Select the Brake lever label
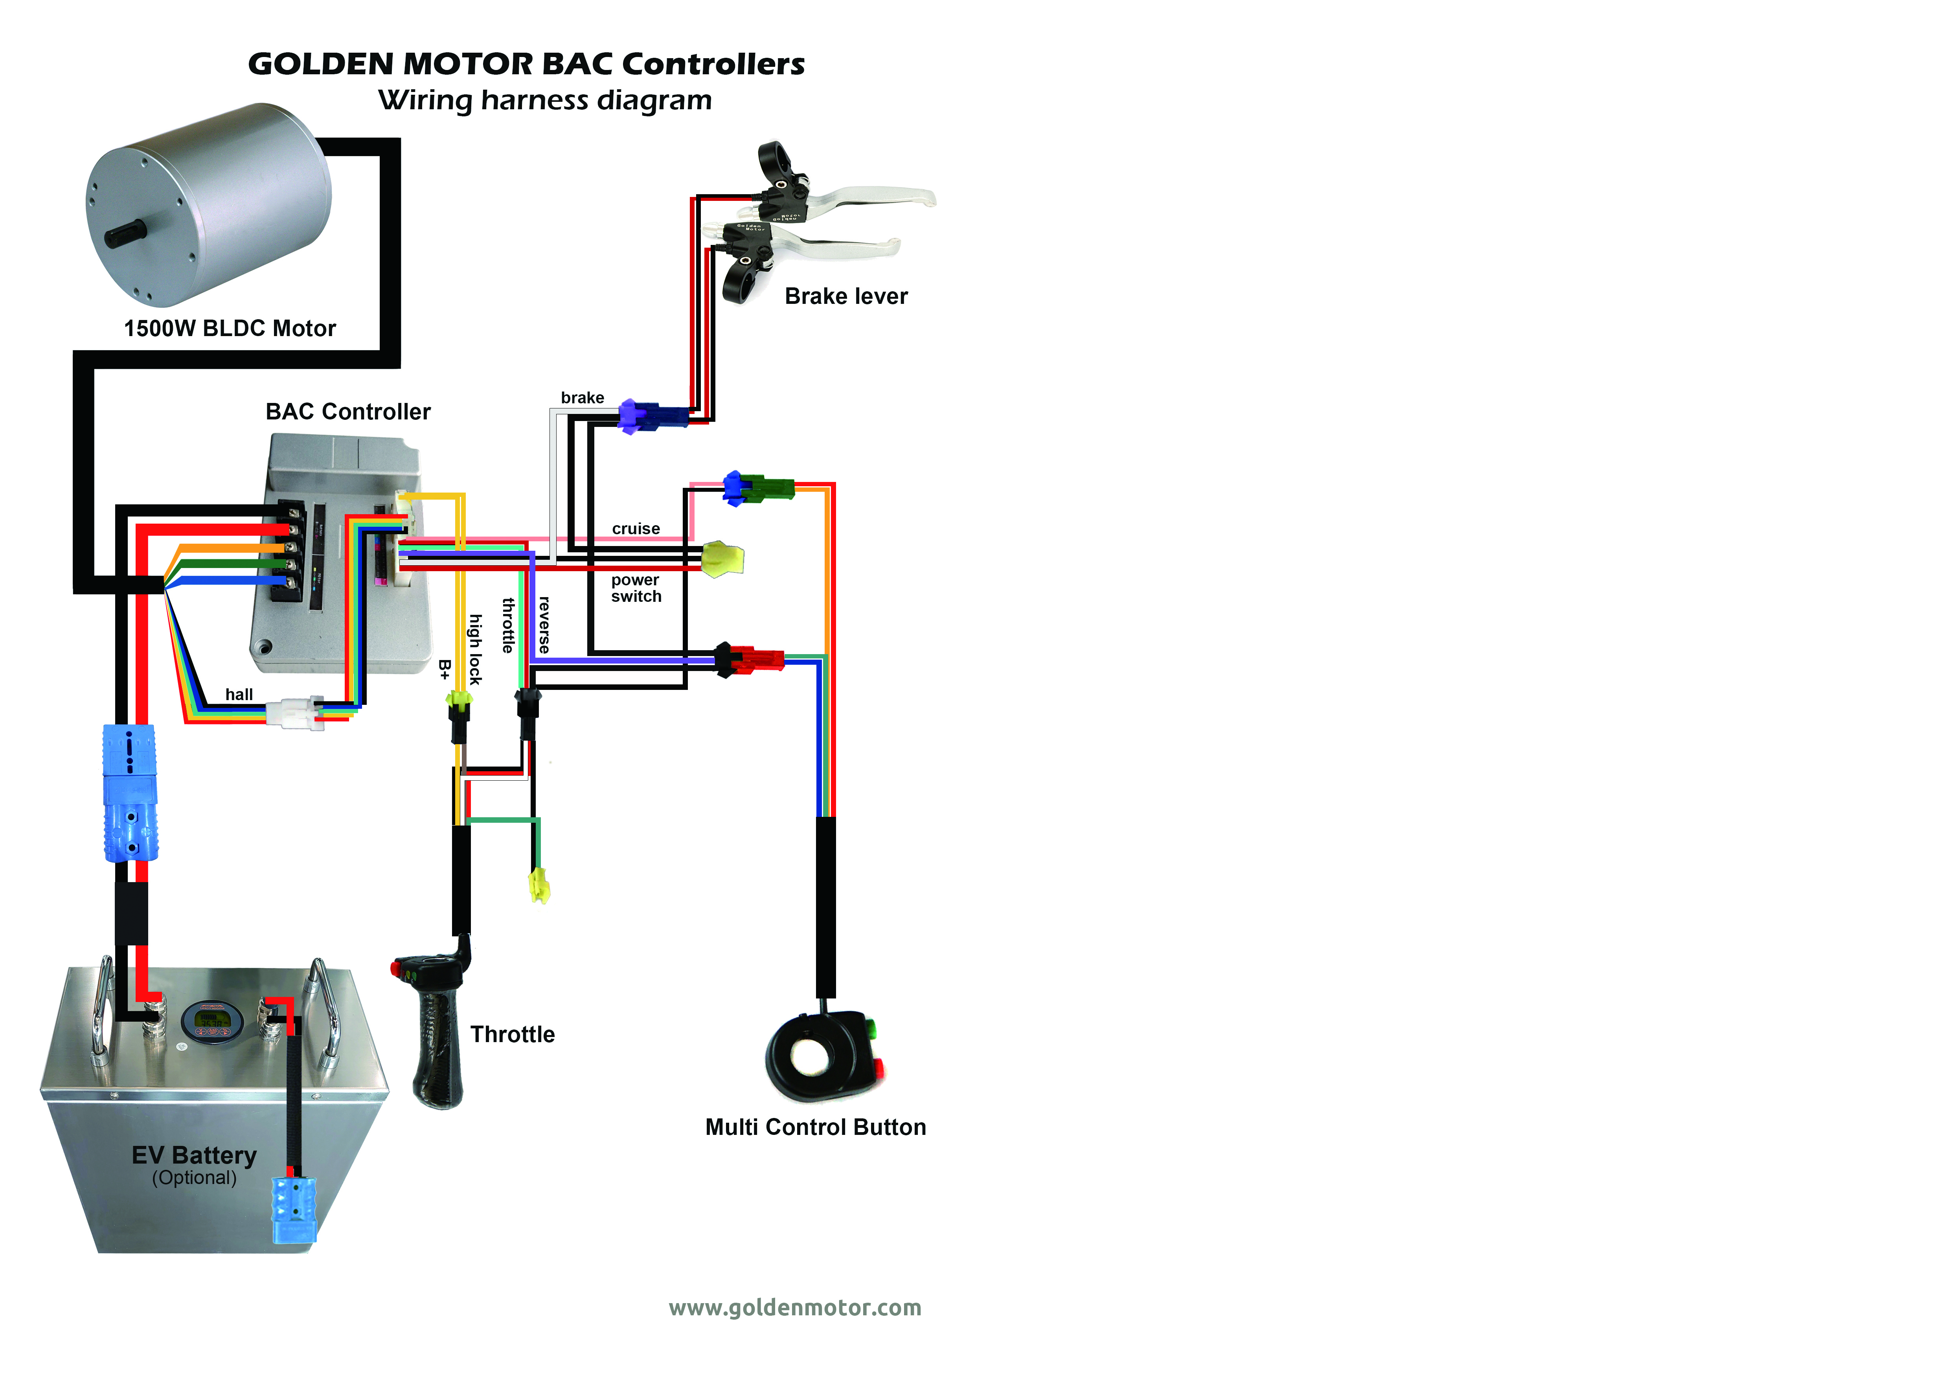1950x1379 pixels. [846, 296]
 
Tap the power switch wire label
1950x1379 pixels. [635, 588]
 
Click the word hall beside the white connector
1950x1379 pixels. [239, 695]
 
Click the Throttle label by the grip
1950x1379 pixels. [512, 1034]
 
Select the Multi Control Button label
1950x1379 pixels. [815, 1127]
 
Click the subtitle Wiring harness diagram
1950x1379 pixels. [544, 100]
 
